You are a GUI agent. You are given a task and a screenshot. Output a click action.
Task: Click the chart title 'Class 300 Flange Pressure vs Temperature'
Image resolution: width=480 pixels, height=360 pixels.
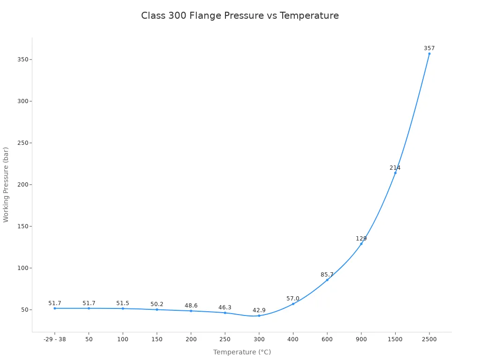(x=240, y=15)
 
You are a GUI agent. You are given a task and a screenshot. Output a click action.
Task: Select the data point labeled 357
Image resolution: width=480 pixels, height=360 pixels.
(x=429, y=53)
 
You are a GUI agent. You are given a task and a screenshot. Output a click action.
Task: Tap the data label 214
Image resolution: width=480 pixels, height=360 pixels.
(x=395, y=168)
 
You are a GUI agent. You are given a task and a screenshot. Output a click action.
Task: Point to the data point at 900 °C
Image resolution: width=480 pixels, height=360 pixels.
(x=361, y=244)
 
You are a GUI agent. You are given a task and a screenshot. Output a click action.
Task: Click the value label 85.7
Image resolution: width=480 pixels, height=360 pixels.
(x=327, y=275)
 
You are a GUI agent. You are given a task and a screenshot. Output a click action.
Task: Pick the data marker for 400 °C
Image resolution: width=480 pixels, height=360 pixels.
(x=293, y=304)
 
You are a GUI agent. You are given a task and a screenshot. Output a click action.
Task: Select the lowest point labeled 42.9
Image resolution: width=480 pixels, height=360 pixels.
(x=259, y=315)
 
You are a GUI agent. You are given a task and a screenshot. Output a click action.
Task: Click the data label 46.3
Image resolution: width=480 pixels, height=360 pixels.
(x=225, y=307)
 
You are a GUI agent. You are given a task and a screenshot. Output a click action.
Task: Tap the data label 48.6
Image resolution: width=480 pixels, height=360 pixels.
(x=191, y=306)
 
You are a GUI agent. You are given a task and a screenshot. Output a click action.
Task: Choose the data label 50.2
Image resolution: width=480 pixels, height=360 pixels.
(x=157, y=304)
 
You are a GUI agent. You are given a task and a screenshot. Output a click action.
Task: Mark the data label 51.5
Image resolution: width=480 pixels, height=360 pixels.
(x=122, y=303)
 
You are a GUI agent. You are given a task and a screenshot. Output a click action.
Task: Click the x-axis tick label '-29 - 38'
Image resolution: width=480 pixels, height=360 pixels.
(x=54, y=339)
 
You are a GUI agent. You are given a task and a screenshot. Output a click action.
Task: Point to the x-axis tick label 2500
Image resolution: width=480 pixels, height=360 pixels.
(x=429, y=339)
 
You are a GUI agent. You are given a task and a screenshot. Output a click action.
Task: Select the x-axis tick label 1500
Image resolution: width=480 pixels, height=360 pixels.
(x=395, y=339)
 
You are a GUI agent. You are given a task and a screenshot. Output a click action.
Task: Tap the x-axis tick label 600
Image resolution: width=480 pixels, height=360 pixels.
(x=327, y=339)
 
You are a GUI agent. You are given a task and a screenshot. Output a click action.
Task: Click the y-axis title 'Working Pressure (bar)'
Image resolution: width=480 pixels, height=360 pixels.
(x=6, y=185)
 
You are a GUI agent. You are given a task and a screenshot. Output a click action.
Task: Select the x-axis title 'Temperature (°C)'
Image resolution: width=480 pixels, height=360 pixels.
(x=242, y=352)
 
